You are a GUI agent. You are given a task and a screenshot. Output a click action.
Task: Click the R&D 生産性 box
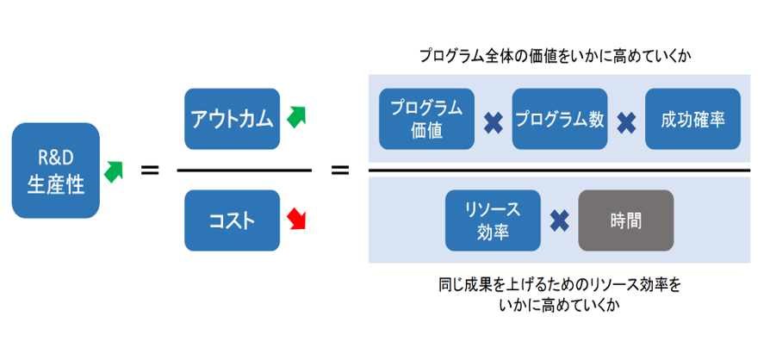[x=55, y=171]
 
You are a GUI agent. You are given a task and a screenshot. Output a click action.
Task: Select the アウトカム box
[x=233, y=119]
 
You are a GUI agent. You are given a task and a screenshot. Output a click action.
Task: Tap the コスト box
[x=233, y=220]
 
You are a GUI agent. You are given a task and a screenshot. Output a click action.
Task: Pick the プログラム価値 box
[x=426, y=119]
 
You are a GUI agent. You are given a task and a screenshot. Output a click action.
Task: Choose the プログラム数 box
[x=560, y=119]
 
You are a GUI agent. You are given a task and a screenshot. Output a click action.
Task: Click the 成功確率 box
[x=692, y=119]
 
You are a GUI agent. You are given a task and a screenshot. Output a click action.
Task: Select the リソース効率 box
[x=493, y=220]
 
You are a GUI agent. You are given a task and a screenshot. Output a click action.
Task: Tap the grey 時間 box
[x=626, y=220]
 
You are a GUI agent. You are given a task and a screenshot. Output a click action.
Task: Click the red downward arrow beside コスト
[x=296, y=219]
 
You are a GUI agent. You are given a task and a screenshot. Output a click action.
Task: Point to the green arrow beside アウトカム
[x=296, y=116]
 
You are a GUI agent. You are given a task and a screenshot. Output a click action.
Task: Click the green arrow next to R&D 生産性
[x=114, y=172]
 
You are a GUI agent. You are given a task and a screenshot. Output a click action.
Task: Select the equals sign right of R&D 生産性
[x=150, y=171]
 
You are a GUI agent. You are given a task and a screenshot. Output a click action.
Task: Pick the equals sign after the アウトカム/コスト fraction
[x=340, y=171]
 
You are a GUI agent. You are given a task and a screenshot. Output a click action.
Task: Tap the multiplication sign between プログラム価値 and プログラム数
[x=493, y=123]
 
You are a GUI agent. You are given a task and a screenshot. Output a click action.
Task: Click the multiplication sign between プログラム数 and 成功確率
[x=626, y=123]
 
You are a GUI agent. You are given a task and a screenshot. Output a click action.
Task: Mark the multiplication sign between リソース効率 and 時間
[x=559, y=221]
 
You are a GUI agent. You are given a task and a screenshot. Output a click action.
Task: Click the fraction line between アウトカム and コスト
[x=244, y=171]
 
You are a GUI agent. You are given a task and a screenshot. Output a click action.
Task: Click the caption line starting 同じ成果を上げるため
[x=560, y=285]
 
